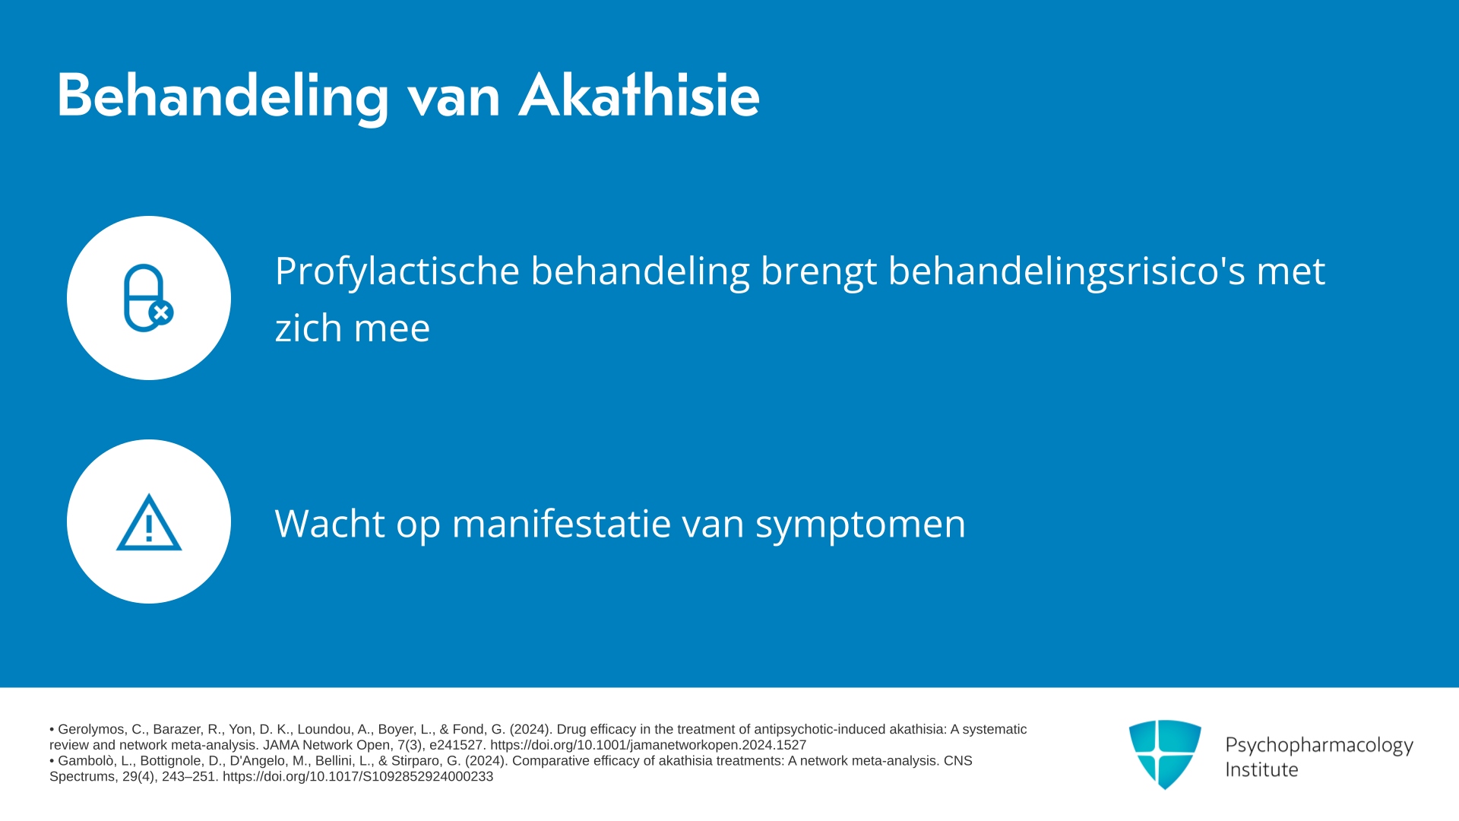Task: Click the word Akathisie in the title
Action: click(x=639, y=97)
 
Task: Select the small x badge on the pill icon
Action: click(x=161, y=312)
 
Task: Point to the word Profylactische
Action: click(x=397, y=271)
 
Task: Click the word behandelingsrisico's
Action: click(x=1067, y=271)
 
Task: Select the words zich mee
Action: click(x=353, y=328)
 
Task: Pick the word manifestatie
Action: click(x=562, y=524)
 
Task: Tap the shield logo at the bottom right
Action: click(x=1165, y=754)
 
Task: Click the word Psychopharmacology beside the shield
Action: click(x=1319, y=745)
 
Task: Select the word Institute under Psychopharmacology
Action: click(x=1261, y=769)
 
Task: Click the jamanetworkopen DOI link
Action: click(x=648, y=745)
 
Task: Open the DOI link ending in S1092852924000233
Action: click(x=358, y=777)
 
